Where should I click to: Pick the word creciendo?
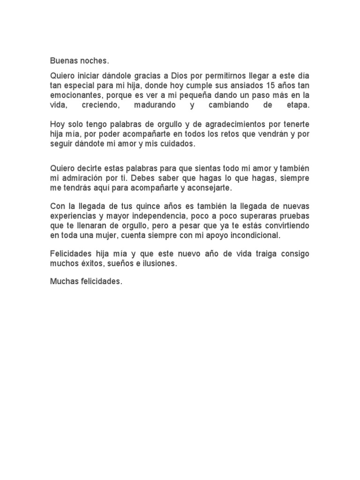click(100, 105)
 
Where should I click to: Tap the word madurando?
click(155, 105)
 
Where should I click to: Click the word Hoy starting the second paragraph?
click(57, 125)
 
